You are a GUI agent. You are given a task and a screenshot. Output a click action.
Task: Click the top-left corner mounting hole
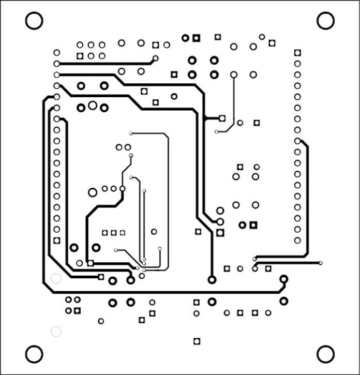coord(34,21)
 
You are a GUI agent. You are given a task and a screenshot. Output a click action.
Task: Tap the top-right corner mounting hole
coord(325,21)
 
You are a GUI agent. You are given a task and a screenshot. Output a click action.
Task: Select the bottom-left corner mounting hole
coord(34,354)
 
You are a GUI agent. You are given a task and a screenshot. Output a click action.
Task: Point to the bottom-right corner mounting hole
coord(325,354)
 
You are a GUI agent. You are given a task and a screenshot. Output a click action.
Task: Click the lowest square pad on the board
coord(197,341)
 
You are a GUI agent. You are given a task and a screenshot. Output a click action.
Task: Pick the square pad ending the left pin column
coord(57,241)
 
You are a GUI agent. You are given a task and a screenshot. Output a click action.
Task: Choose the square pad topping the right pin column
coord(297,52)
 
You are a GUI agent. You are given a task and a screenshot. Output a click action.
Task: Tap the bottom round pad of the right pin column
coord(297,241)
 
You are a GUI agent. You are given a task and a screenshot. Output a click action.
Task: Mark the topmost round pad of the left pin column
coord(57,52)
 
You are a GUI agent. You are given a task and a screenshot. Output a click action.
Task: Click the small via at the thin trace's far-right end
coord(321,263)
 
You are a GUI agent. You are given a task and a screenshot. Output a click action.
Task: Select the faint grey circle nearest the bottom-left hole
coord(56,331)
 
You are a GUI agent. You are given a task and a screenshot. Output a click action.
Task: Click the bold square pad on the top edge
coord(196,38)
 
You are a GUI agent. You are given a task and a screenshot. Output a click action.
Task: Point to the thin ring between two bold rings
coord(93,106)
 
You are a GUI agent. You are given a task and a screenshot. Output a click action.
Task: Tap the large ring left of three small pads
coord(93,192)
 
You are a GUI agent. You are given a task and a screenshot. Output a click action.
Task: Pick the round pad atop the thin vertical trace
coord(234,75)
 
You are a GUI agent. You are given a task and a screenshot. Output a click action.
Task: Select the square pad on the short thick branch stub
coord(222,118)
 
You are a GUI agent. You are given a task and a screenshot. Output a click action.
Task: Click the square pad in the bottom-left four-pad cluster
coord(78,311)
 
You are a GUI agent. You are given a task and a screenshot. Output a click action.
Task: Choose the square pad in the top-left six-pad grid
coord(80,56)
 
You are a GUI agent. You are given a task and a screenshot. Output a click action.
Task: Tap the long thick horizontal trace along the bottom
coord(166,292)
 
